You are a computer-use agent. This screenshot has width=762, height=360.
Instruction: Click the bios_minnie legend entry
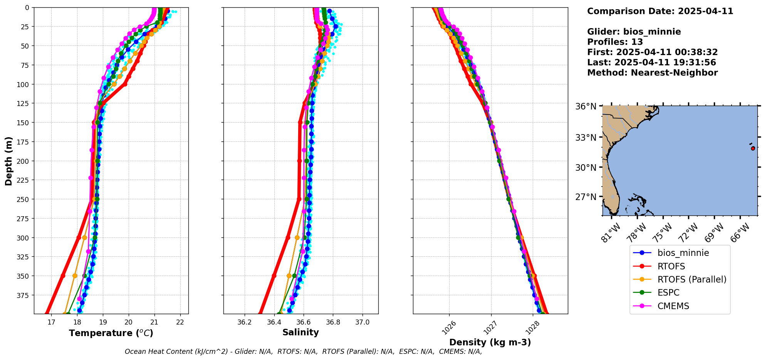tap(683, 253)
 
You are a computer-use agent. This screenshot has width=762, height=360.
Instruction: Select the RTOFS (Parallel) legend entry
tap(692, 279)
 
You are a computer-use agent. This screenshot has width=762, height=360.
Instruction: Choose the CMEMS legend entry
tap(673, 306)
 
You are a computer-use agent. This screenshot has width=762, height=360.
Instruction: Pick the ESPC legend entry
tap(668, 293)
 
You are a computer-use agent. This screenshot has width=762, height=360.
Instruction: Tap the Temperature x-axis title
tap(111, 333)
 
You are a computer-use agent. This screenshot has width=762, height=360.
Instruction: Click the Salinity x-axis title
tap(300, 332)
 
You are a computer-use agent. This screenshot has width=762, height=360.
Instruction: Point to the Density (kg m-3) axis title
tap(490, 342)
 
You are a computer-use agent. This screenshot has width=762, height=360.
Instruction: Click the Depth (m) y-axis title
tap(9, 161)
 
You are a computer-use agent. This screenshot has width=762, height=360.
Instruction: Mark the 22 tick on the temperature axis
tap(180, 322)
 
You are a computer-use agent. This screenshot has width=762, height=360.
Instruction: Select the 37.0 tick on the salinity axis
tap(362, 322)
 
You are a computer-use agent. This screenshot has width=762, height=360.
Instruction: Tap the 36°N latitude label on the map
tap(586, 106)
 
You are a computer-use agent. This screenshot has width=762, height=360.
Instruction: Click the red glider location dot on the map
tap(753, 148)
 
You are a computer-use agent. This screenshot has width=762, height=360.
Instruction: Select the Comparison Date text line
tap(660, 11)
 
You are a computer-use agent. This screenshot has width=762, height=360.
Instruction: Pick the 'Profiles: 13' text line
tap(615, 42)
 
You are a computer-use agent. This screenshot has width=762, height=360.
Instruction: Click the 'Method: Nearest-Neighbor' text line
tap(652, 73)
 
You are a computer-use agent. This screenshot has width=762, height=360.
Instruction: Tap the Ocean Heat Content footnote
tap(303, 352)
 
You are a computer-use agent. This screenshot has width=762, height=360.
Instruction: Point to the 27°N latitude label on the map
tap(586, 197)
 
